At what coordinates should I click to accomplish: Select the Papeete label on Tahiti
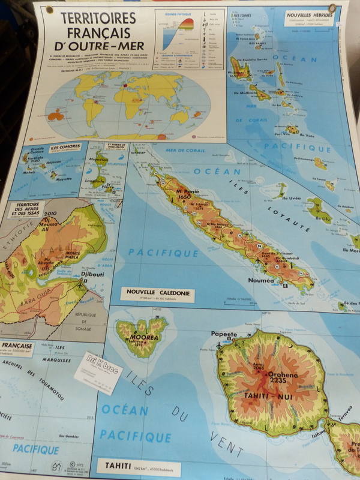(224, 334)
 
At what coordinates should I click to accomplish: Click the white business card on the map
(98, 372)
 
